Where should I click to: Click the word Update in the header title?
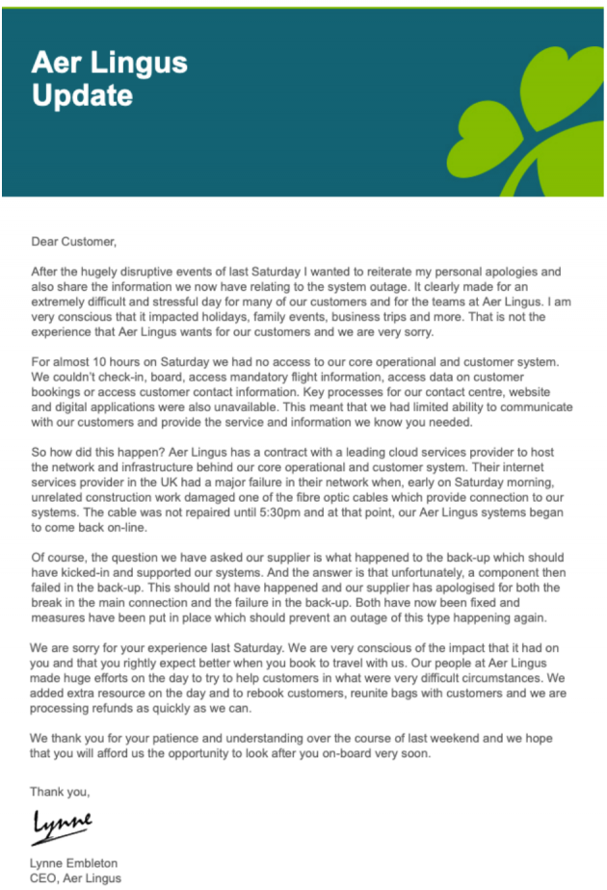[82, 96]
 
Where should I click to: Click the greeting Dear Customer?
[73, 242]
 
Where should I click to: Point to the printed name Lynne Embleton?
[74, 863]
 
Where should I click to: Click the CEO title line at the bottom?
[76, 877]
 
